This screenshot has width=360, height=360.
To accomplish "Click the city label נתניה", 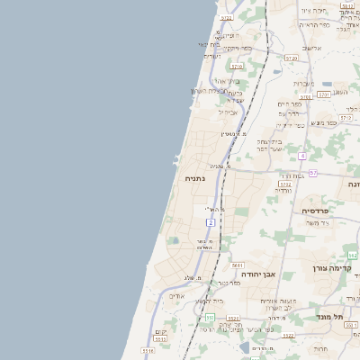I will [x=195, y=179].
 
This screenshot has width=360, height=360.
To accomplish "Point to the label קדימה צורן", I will [x=335, y=267].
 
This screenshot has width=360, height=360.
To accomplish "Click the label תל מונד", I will [x=331, y=315].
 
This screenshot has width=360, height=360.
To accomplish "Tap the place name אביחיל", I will [x=225, y=112].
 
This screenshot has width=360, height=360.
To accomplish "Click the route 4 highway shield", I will [x=302, y=156].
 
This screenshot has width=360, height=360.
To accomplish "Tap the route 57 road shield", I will [x=312, y=172].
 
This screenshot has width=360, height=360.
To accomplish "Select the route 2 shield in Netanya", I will [x=211, y=221].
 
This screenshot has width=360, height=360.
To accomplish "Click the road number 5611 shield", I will [x=238, y=265].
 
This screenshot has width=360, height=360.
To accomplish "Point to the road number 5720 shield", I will [x=290, y=57].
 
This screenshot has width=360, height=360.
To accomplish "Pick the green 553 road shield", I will [x=210, y=318].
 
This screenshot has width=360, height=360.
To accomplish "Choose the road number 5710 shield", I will [x=237, y=66].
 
